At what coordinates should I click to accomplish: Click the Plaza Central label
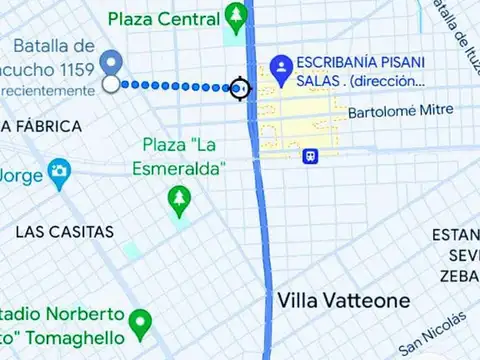click(164, 19)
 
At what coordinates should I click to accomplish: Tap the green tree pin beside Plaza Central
click(236, 16)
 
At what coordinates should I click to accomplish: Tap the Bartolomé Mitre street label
click(400, 112)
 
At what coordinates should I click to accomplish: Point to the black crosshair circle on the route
click(240, 88)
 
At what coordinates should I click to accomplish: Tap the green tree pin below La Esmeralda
click(179, 201)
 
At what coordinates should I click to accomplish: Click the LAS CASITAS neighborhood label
click(64, 231)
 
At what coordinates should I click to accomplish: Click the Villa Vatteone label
click(343, 300)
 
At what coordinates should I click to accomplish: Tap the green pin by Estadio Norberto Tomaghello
click(141, 324)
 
